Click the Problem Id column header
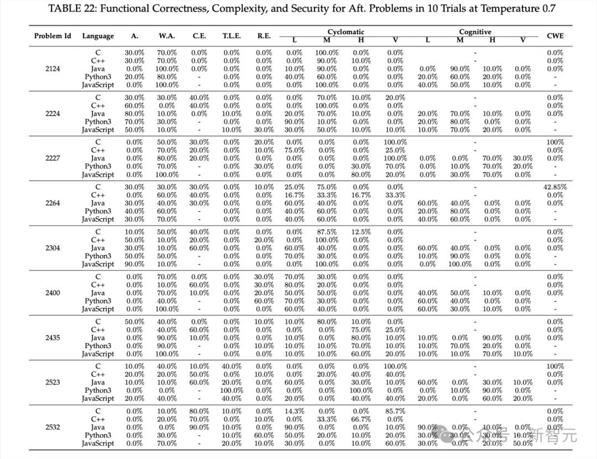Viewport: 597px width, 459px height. pyautogui.click(x=53, y=36)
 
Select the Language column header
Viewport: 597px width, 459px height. pyautogui.click(x=98, y=36)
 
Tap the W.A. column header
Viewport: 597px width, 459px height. pyautogui.click(x=167, y=36)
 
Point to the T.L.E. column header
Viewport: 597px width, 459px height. pyautogui.click(x=232, y=36)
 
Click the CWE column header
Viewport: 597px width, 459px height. pyautogui.click(x=555, y=36)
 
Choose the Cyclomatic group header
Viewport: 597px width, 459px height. pyautogui.click(x=346, y=32)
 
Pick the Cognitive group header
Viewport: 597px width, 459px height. pyautogui.click(x=475, y=32)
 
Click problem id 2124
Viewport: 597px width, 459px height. pyautogui.click(x=53, y=69)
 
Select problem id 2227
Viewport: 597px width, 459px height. pyautogui.click(x=53, y=159)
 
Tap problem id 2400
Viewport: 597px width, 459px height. pyautogui.click(x=53, y=293)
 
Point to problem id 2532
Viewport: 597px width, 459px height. pyautogui.click(x=53, y=427)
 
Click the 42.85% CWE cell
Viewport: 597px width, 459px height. pyautogui.click(x=555, y=187)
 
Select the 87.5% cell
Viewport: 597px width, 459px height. pyautogui.click(x=327, y=232)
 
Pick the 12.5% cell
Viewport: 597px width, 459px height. pyautogui.click(x=361, y=232)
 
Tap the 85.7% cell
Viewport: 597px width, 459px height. pyautogui.click(x=395, y=411)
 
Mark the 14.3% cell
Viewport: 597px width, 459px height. pyautogui.click(x=294, y=411)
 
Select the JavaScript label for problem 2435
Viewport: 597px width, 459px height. pyautogui.click(x=98, y=354)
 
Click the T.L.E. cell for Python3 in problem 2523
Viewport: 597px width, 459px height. pyautogui.click(x=232, y=390)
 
